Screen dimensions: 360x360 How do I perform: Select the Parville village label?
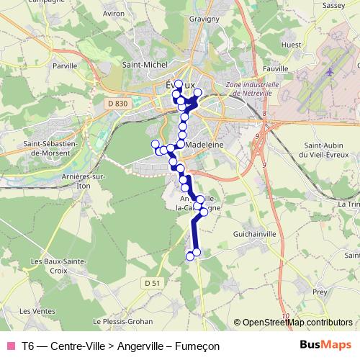click(x=64, y=66)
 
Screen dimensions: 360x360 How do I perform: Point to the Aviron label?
click(x=134, y=33)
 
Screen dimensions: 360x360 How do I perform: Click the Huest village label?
click(x=292, y=45)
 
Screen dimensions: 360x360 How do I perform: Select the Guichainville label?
click(x=252, y=235)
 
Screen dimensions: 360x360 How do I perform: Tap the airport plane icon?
click(x=330, y=72)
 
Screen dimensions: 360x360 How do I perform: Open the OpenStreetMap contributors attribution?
click(x=297, y=323)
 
